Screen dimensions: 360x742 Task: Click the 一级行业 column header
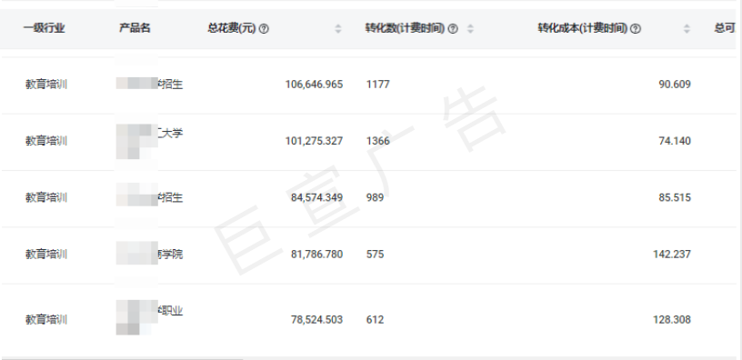click(x=45, y=28)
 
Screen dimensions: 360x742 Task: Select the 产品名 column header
click(x=135, y=28)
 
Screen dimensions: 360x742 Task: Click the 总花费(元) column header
click(x=232, y=28)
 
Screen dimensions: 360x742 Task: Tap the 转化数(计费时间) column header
click(x=398, y=28)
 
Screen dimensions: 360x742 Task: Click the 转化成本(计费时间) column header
click(x=582, y=28)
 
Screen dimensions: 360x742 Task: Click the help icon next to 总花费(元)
click(x=264, y=29)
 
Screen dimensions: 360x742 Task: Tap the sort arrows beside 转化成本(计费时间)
click(x=687, y=29)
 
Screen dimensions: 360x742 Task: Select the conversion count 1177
click(x=377, y=84)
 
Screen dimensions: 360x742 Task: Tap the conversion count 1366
click(x=378, y=141)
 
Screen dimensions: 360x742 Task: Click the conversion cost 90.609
click(x=675, y=84)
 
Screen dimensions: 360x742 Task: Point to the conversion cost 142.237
click(x=672, y=254)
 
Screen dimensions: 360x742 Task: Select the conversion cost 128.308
click(x=672, y=320)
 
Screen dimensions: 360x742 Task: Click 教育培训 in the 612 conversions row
click(x=45, y=320)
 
